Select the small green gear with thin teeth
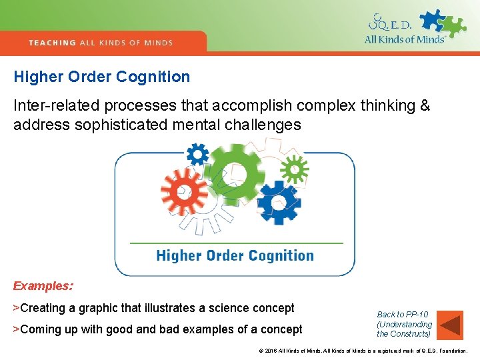293,169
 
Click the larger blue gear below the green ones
279,203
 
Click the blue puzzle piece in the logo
434,20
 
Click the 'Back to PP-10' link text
403,315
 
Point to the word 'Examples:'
43,286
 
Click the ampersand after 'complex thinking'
425,106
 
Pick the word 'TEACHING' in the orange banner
53,43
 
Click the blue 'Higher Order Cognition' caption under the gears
235,255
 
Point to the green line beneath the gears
235,243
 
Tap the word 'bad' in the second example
178,329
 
